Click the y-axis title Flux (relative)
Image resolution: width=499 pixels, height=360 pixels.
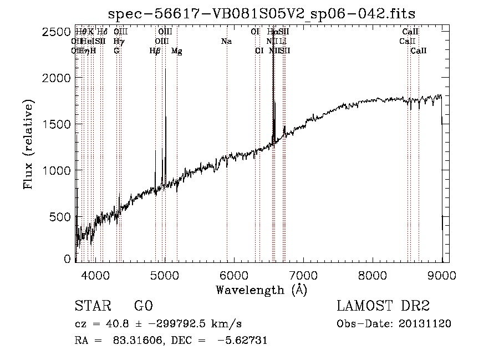28,144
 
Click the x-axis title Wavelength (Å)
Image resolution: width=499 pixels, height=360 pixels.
261,290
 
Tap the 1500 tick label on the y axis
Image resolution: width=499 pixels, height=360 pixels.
57,124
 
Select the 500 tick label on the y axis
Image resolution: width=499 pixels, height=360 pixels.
61,216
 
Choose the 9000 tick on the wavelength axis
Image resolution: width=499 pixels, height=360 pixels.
442,275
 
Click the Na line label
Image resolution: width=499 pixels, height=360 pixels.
226,41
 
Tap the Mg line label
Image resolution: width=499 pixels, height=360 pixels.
177,51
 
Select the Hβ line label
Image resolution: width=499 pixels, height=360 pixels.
155,51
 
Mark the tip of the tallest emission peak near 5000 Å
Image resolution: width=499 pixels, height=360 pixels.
165,69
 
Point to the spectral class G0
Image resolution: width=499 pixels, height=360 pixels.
143,306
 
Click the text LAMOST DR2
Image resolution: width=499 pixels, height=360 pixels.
383,306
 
